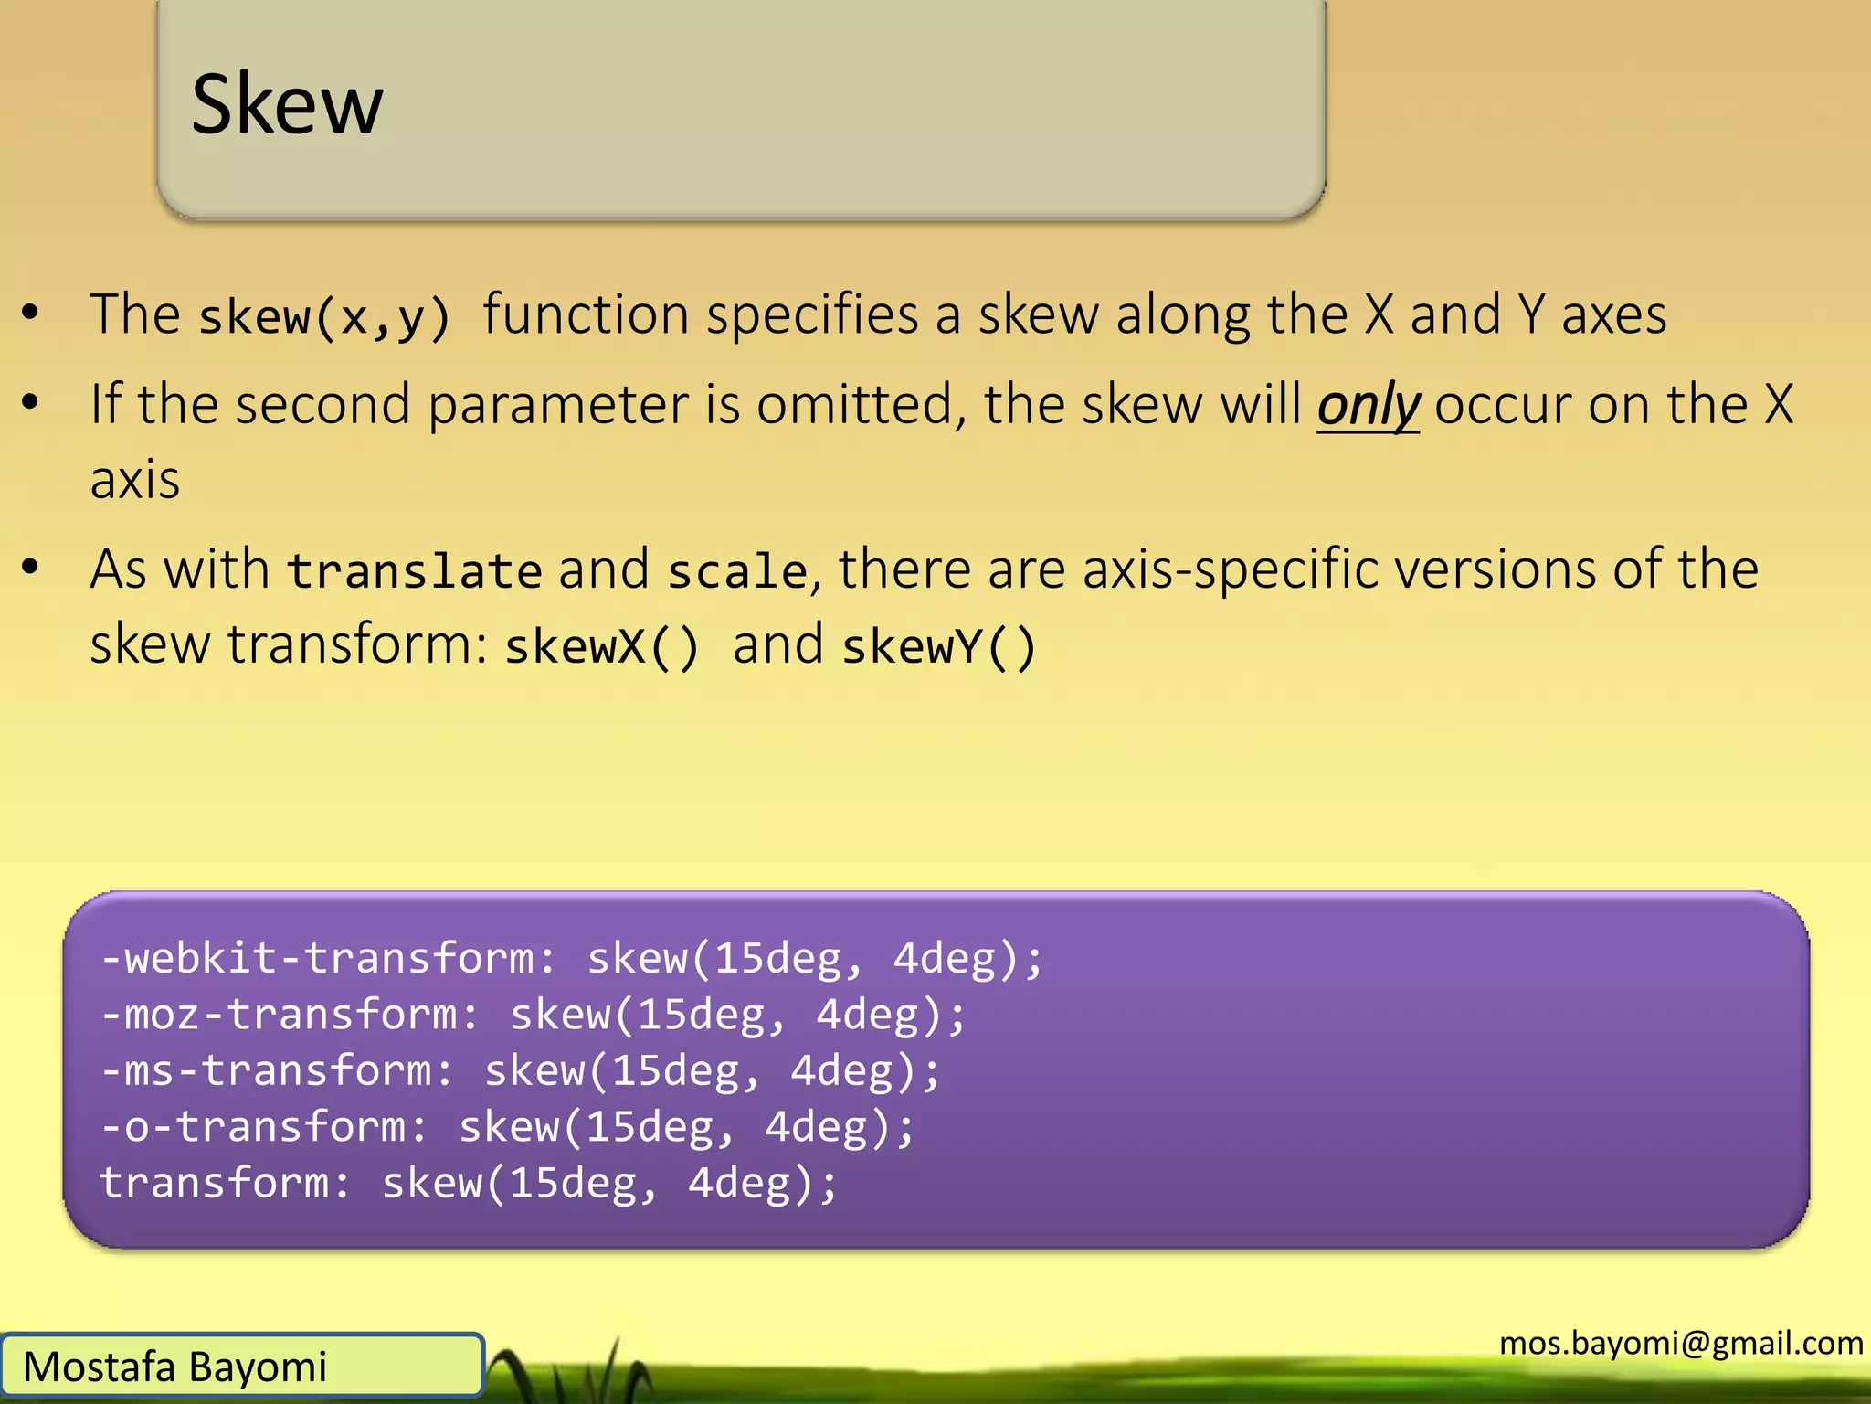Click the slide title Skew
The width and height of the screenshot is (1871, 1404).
pyautogui.click(x=287, y=104)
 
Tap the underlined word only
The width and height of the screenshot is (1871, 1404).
pyautogui.click(x=1368, y=406)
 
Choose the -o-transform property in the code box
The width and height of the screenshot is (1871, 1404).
pyautogui.click(x=264, y=1127)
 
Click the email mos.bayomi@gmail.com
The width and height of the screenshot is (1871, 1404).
pyautogui.click(x=1681, y=1343)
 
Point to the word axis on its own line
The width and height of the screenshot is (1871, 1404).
pyautogui.click(x=134, y=480)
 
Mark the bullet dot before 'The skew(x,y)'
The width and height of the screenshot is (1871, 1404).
pyautogui.click(x=31, y=313)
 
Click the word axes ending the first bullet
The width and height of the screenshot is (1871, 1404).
pyautogui.click(x=1613, y=315)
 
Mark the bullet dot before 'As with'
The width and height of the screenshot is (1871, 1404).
pyautogui.click(x=31, y=568)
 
